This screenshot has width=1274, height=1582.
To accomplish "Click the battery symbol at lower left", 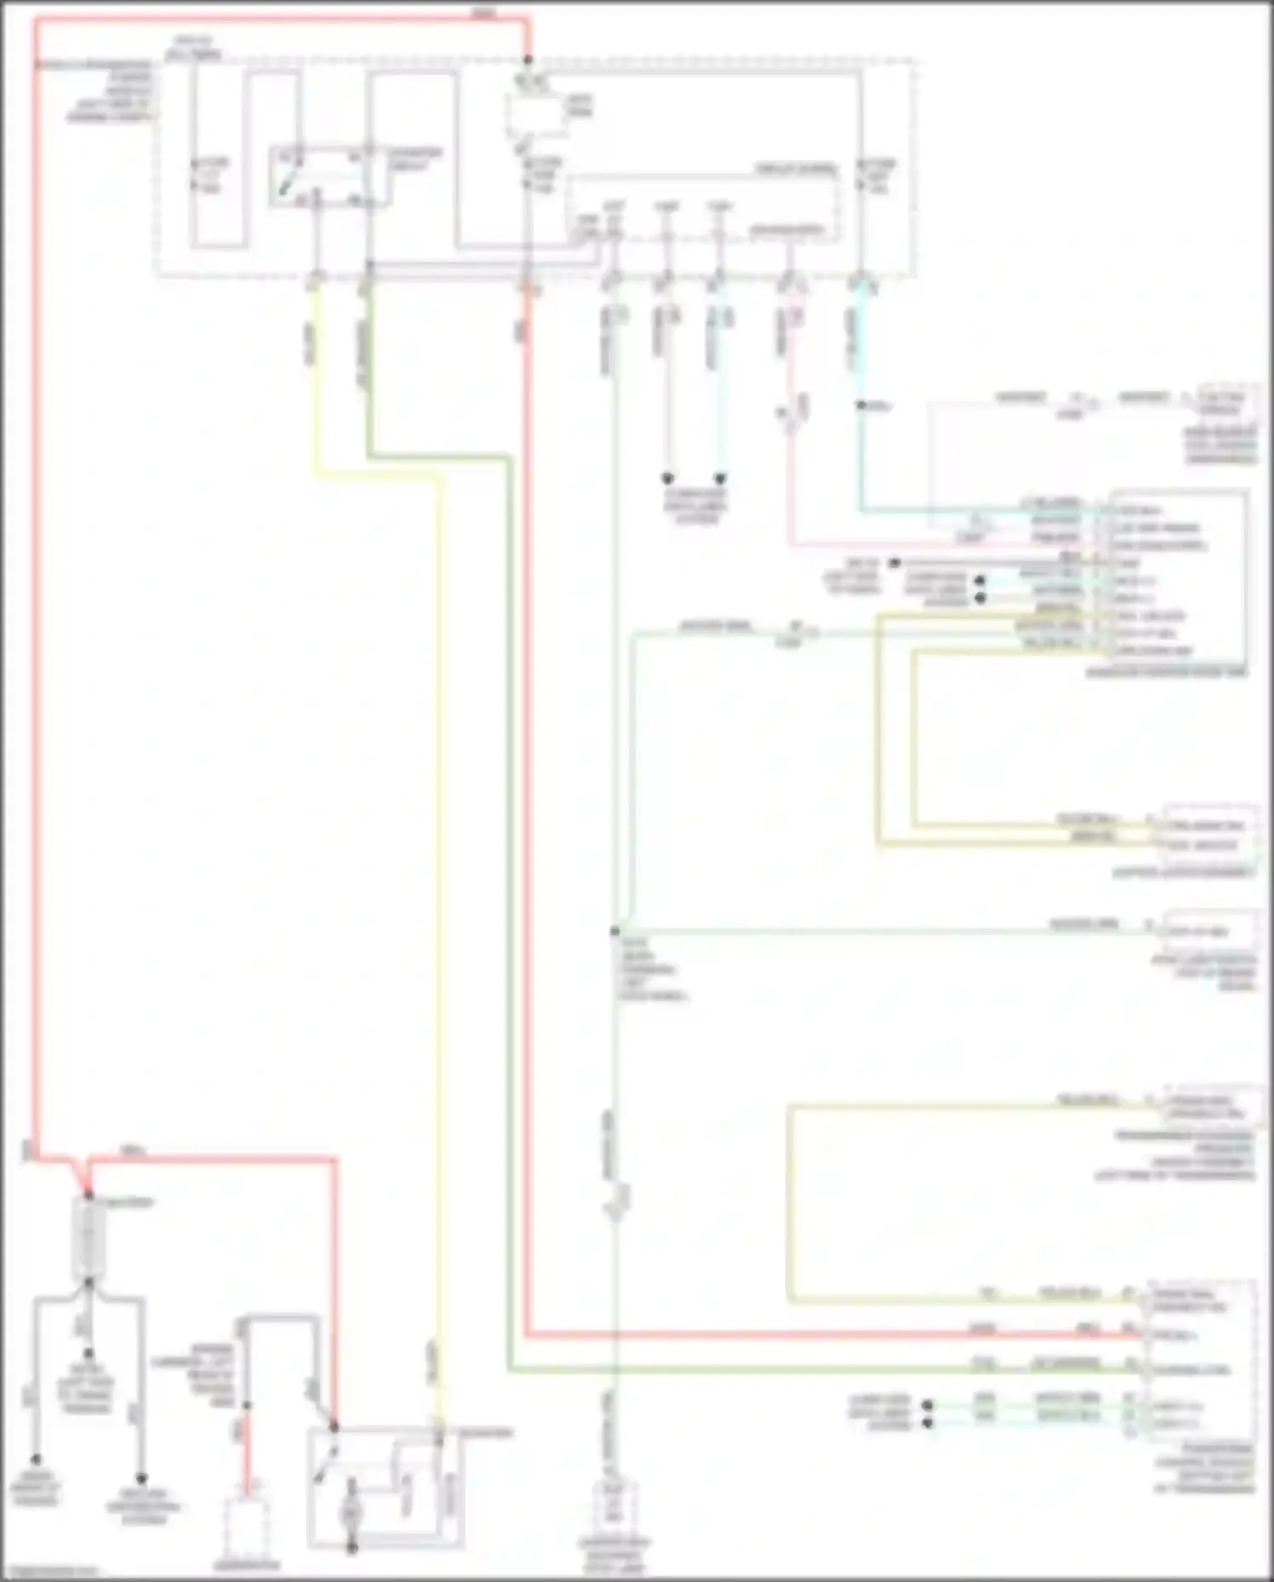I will coord(88,1241).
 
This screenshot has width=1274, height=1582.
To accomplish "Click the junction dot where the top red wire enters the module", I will coord(528,60).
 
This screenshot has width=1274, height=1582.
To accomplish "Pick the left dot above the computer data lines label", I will coord(668,479).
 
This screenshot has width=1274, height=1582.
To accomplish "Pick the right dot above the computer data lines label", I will coord(720,479).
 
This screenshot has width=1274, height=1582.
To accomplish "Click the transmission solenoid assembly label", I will coord(1185,1156).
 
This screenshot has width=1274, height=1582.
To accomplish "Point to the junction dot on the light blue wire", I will coord(861,406).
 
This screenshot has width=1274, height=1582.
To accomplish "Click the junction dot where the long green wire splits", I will coord(614,932).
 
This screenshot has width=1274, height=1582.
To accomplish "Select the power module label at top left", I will coord(110,89).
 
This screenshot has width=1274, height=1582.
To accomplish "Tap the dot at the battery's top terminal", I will coord(88,1197).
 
